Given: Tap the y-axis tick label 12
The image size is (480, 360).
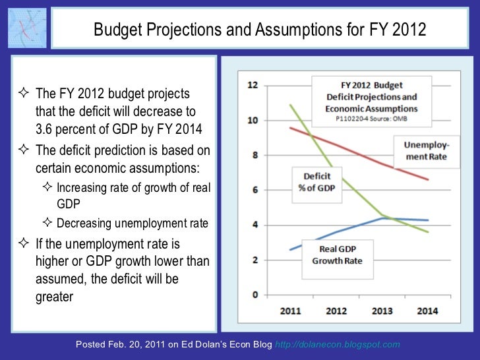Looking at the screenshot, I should [x=252, y=85].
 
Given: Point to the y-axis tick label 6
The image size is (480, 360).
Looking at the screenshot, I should [x=254, y=190].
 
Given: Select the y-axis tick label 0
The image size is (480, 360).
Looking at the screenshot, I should [x=254, y=295].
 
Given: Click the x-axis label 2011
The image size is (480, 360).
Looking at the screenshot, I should [x=291, y=310].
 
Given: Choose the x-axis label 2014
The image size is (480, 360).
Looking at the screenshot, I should [x=427, y=310].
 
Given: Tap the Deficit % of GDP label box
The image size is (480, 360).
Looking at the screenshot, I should [x=318, y=183].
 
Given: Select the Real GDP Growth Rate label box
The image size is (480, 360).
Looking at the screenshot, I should [x=336, y=253].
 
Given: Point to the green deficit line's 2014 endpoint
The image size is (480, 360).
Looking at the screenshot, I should [x=428, y=232].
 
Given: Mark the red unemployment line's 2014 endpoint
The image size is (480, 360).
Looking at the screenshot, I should [x=428, y=179].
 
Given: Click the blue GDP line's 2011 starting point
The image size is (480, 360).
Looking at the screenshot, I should [x=290, y=250].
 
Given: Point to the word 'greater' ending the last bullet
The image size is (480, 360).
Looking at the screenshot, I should [x=53, y=297].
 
